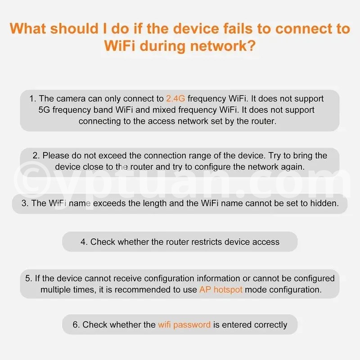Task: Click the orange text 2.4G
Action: [x=175, y=99]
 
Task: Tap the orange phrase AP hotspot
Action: [x=221, y=290]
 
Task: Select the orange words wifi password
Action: [x=184, y=325]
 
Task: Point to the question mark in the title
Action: [x=252, y=45]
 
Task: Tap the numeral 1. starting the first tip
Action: [x=33, y=99]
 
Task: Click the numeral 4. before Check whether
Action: [x=84, y=242]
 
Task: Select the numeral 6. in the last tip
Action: [x=76, y=324]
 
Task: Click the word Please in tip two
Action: [x=56, y=156]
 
